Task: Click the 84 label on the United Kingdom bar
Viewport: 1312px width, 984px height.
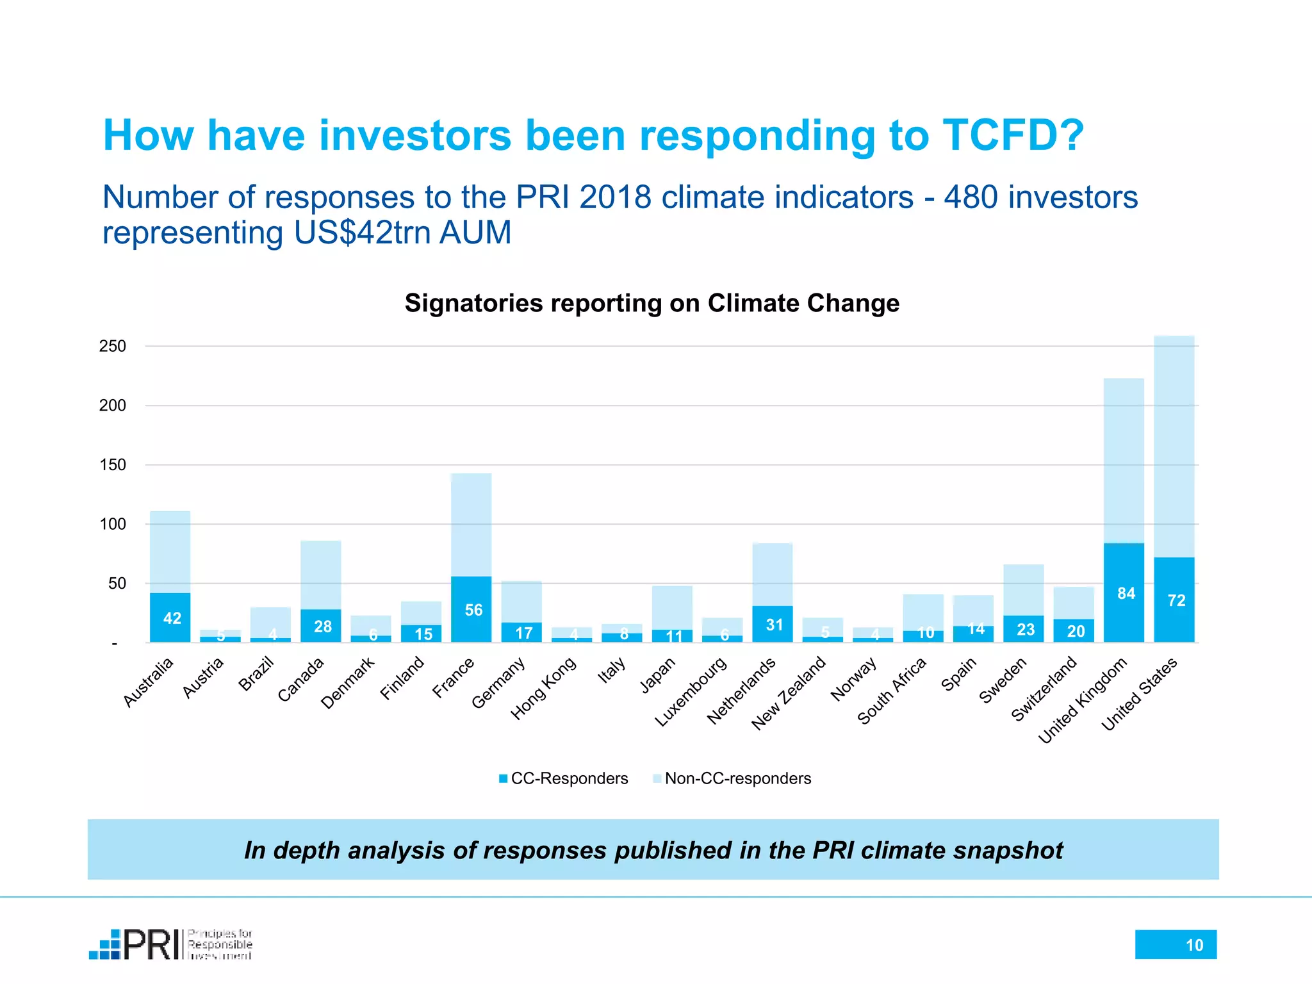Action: [1126, 593]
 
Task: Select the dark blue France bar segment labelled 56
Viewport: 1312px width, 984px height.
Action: [471, 609]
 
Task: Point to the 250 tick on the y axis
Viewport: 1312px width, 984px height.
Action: [113, 347]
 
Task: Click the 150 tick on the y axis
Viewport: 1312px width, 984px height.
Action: [113, 465]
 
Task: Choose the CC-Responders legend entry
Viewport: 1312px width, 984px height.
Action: [564, 778]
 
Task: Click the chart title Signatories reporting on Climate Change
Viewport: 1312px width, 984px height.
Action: [652, 303]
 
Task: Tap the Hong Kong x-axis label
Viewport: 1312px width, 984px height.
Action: [543, 689]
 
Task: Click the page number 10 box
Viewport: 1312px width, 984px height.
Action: [1176, 944]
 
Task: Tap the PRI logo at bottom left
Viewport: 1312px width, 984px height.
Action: [170, 944]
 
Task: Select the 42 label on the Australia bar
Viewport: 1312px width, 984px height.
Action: [172, 618]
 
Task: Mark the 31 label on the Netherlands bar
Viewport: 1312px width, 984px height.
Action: [774, 625]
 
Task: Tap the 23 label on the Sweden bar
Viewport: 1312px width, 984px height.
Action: [1025, 629]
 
